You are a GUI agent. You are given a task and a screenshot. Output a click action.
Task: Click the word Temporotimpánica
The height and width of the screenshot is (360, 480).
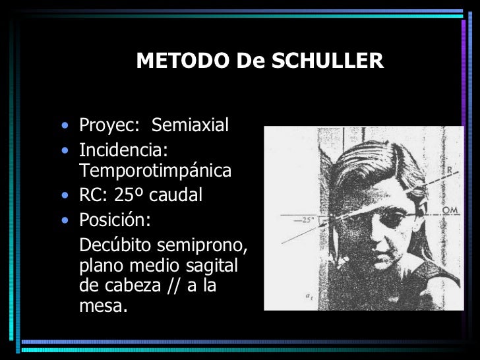pyautogui.click(x=155, y=171)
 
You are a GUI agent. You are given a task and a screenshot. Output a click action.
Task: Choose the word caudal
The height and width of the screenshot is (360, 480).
pyautogui.click(x=175, y=195)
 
